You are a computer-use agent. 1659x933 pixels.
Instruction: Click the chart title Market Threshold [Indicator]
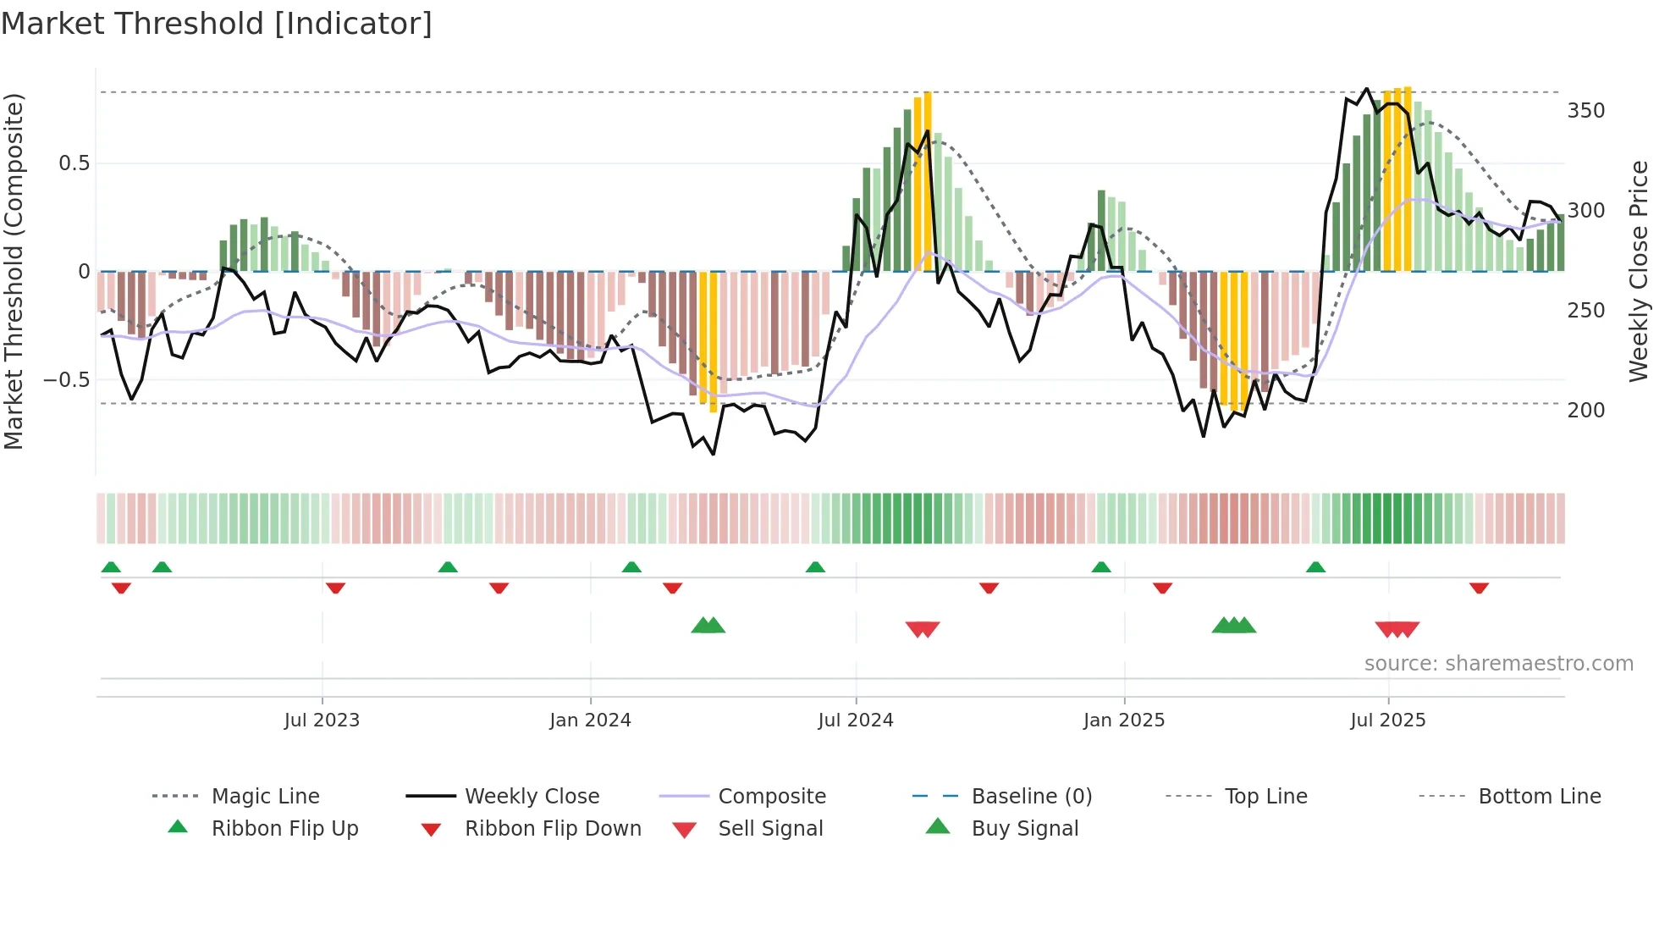(x=217, y=24)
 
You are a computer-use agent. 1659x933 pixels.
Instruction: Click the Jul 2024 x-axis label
(x=855, y=720)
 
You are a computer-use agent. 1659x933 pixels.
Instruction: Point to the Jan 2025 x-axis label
(x=1123, y=720)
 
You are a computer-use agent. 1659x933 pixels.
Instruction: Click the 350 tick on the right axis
(x=1585, y=111)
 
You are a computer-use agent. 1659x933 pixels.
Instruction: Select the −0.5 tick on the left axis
(x=66, y=379)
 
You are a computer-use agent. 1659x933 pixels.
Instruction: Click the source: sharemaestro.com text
(x=1498, y=663)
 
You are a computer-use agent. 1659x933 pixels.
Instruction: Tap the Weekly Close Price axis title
(x=1639, y=271)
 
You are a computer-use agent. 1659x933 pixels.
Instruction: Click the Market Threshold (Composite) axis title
(x=14, y=271)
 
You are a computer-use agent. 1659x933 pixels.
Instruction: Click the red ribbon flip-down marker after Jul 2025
(x=1479, y=588)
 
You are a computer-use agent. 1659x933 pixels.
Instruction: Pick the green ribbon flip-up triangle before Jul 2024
(x=815, y=567)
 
